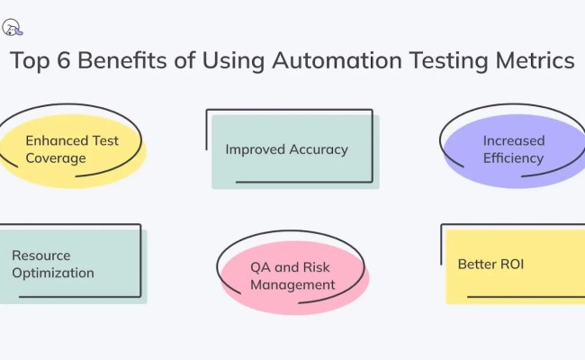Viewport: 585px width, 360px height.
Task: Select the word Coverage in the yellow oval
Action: pyautogui.click(x=56, y=158)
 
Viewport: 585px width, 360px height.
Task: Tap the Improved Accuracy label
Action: pyautogui.click(x=286, y=149)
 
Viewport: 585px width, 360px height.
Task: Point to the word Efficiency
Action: pyautogui.click(x=512, y=158)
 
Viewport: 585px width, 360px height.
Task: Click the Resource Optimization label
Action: pyautogui.click(x=54, y=265)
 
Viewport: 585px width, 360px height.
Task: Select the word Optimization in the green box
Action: pyautogui.click(x=54, y=273)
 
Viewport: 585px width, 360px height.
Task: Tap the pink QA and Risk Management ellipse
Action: pyautogui.click(x=292, y=276)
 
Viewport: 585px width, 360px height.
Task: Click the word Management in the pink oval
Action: pyautogui.click(x=292, y=285)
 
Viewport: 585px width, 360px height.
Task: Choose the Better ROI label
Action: pyautogui.click(x=490, y=265)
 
